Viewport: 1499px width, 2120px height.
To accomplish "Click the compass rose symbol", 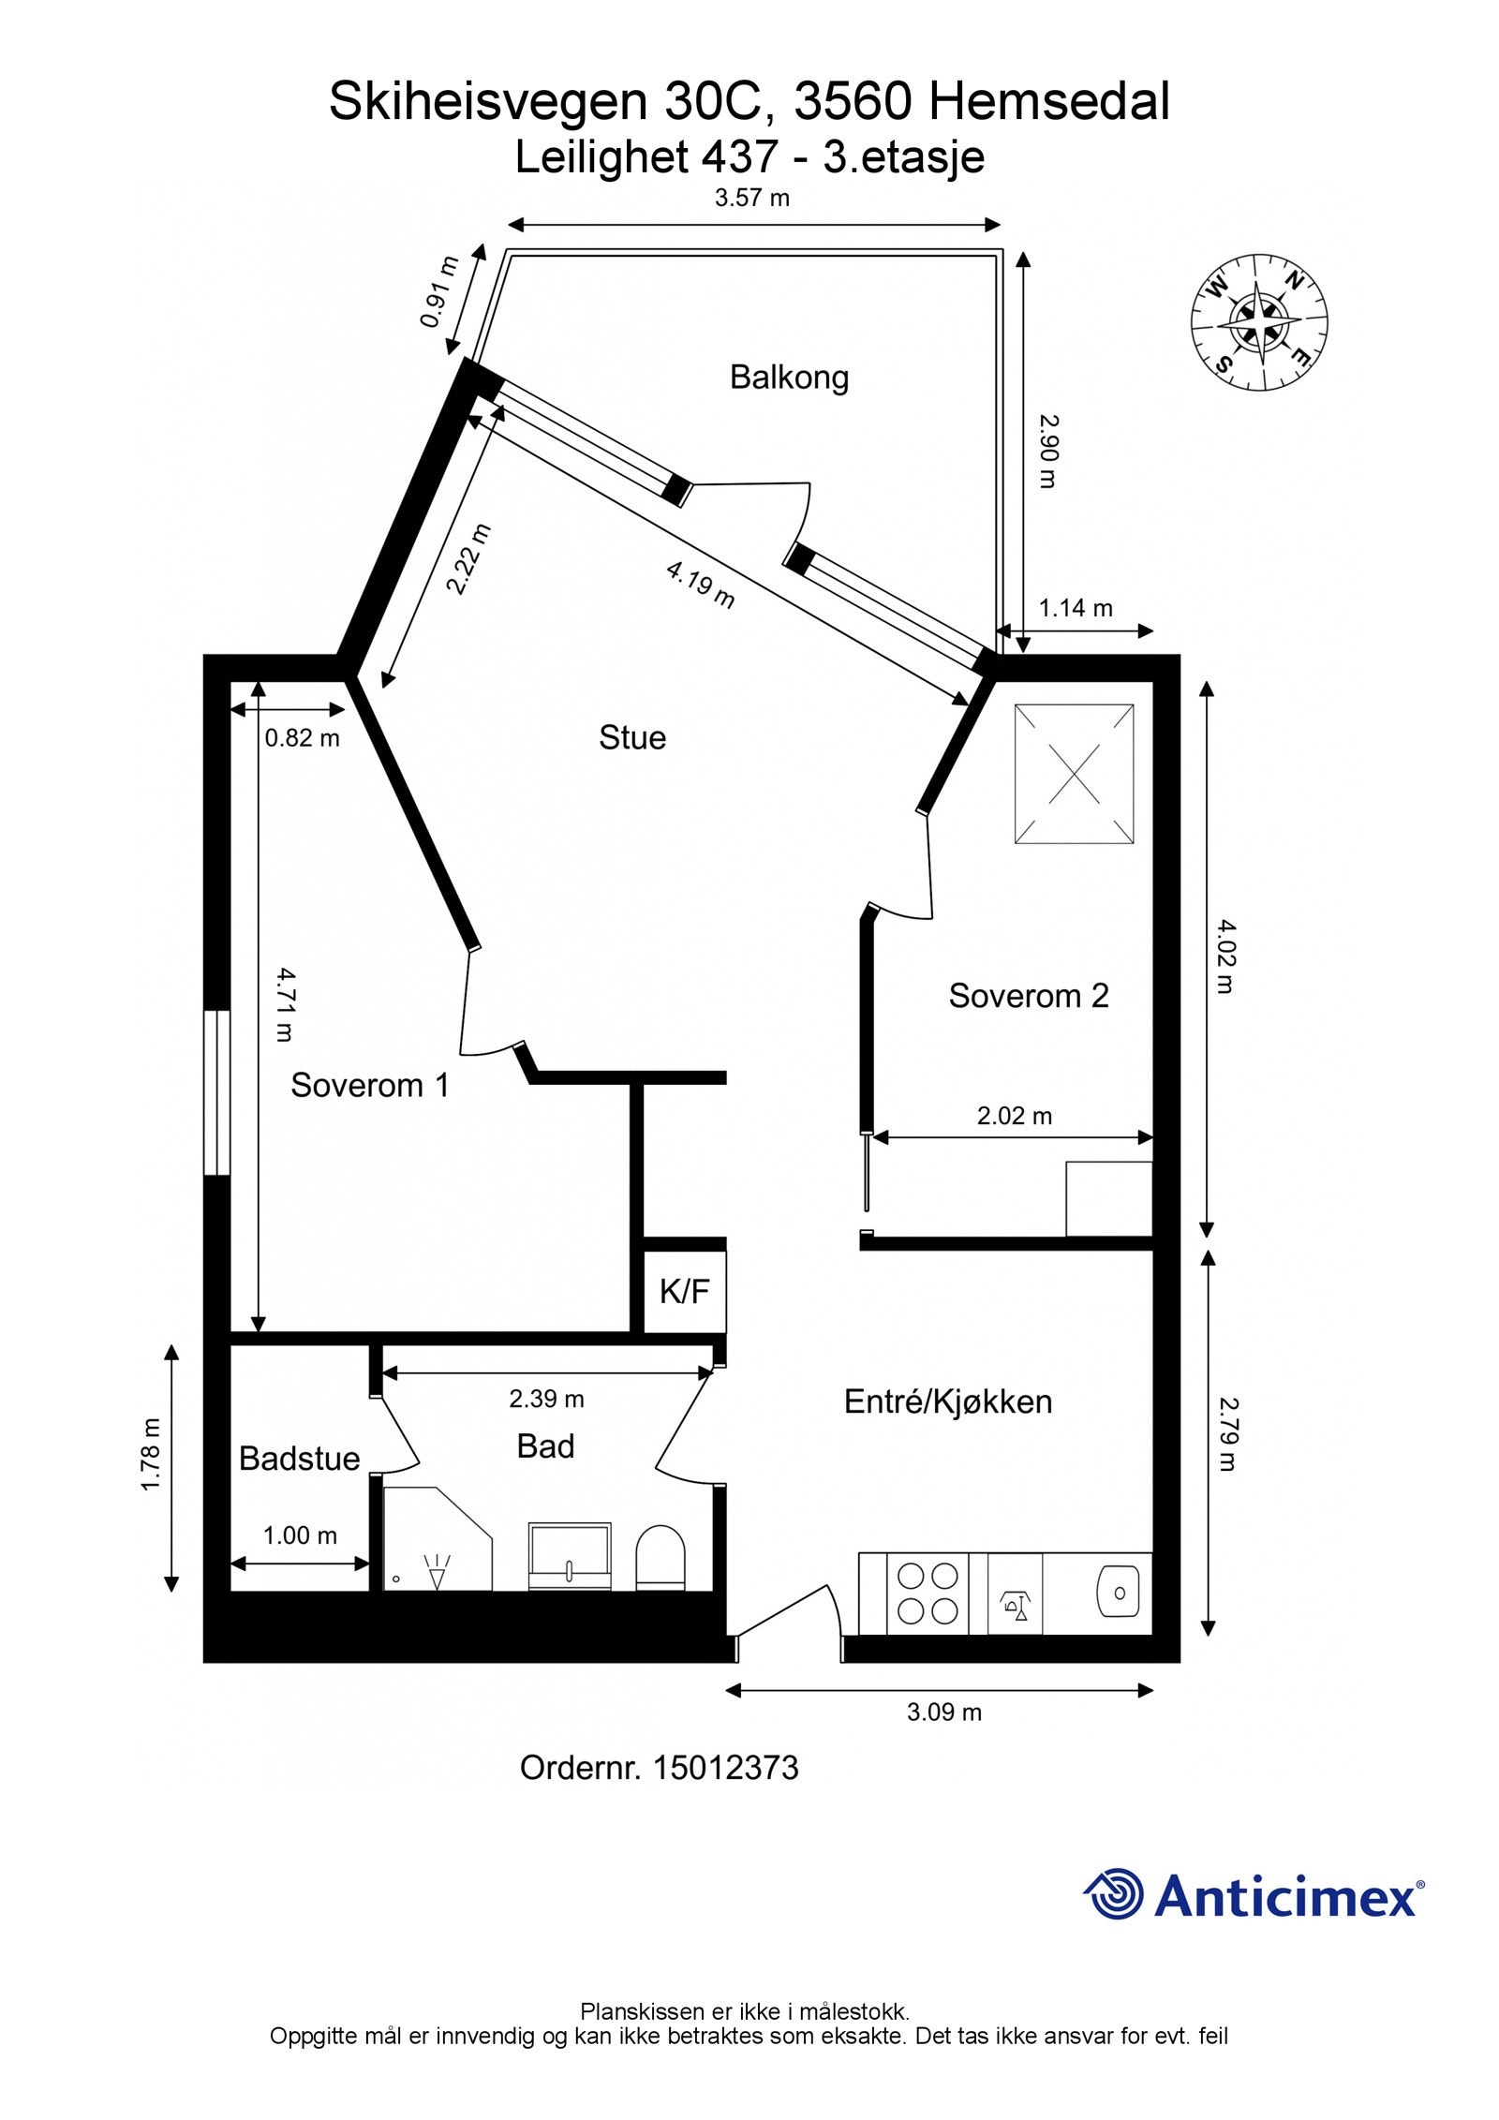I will click(x=1259, y=320).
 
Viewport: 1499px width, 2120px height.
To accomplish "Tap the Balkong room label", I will click(x=789, y=378).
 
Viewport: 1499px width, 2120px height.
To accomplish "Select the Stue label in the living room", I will click(x=632, y=737).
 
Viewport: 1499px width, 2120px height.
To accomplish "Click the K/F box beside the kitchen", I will click(x=685, y=1292).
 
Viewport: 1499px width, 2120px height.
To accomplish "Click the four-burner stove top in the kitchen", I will click(x=927, y=1593).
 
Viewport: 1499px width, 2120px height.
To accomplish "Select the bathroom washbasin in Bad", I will click(x=569, y=1556).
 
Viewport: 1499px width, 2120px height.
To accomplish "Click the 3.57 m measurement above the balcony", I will click(x=752, y=198).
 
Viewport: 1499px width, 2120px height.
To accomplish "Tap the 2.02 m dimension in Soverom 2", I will click(x=1014, y=1116).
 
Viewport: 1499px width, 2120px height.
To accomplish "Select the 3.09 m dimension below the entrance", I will click(x=943, y=1712).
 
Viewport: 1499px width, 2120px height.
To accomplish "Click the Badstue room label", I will click(x=299, y=1459).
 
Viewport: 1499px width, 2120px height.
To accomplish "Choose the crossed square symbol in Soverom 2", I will click(x=1074, y=774).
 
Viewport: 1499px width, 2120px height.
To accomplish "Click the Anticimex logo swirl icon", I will click(x=1113, y=1893).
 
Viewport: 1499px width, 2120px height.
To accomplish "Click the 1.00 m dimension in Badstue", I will click(x=299, y=1535).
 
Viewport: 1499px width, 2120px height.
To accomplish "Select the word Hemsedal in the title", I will click(x=1048, y=102).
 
